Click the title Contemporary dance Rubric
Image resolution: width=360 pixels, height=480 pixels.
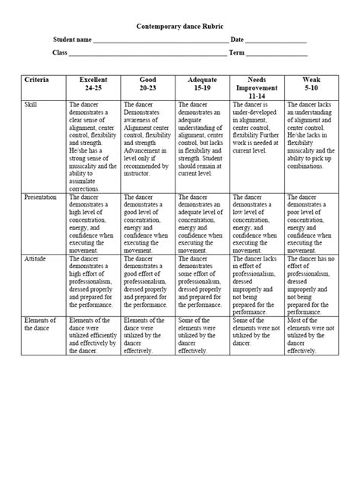click(180, 25)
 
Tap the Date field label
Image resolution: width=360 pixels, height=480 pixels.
click(237, 39)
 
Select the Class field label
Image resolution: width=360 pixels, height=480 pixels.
click(60, 52)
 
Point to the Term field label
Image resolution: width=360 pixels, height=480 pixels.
click(237, 52)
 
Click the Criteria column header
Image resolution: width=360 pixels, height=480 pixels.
click(37, 80)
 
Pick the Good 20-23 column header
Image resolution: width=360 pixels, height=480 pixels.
click(148, 84)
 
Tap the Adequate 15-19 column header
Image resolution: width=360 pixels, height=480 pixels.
click(202, 84)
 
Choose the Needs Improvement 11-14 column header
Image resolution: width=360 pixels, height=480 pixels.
click(257, 87)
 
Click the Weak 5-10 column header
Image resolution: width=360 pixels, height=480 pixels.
click(311, 84)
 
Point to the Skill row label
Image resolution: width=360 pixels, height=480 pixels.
click(31, 103)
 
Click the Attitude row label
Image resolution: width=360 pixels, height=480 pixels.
click(36, 259)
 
